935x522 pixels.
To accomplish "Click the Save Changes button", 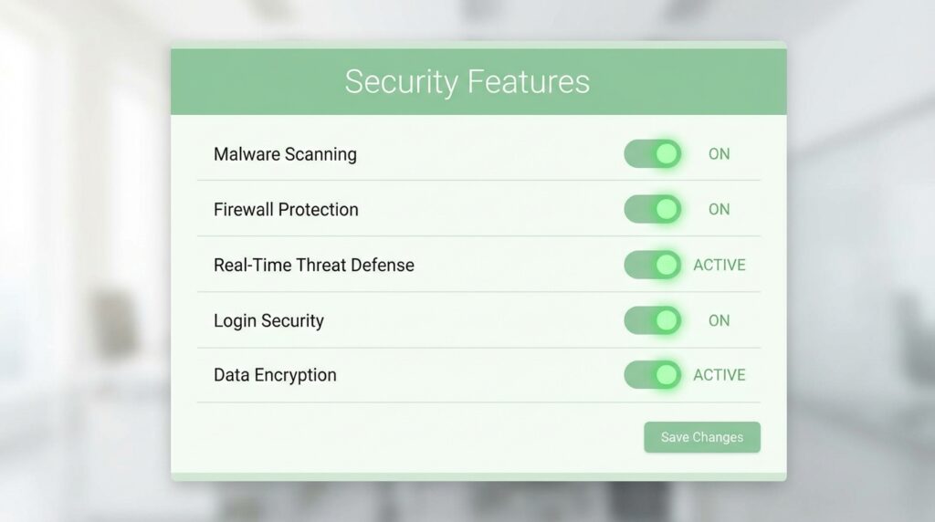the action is pyautogui.click(x=702, y=437).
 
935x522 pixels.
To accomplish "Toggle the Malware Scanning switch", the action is pyautogui.click(x=652, y=153).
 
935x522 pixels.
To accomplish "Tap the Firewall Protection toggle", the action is pyautogui.click(x=652, y=209).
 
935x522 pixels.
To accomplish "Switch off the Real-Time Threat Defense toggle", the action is pyautogui.click(x=652, y=265).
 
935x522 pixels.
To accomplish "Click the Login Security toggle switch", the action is pyautogui.click(x=652, y=320).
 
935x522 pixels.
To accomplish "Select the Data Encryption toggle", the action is pyautogui.click(x=652, y=375).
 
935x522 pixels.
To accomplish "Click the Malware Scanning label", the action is pyautogui.click(x=285, y=154).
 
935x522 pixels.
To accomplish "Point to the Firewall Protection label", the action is pyautogui.click(x=286, y=210).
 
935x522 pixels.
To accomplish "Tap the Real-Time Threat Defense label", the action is pyautogui.click(x=314, y=266).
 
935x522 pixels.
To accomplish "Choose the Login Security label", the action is pyautogui.click(x=268, y=320).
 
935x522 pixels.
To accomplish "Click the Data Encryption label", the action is pyautogui.click(x=275, y=375).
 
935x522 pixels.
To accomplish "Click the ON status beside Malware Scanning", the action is pyautogui.click(x=719, y=153).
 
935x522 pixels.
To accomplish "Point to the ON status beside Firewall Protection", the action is pyautogui.click(x=719, y=209).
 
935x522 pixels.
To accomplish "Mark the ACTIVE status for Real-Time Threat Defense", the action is pyautogui.click(x=720, y=265).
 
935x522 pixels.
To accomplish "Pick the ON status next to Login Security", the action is pyautogui.click(x=719, y=320).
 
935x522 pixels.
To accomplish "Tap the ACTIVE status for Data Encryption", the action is pyautogui.click(x=720, y=375).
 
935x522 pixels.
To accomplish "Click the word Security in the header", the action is pyautogui.click(x=402, y=83).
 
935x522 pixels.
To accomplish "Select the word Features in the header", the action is pyautogui.click(x=529, y=81).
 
